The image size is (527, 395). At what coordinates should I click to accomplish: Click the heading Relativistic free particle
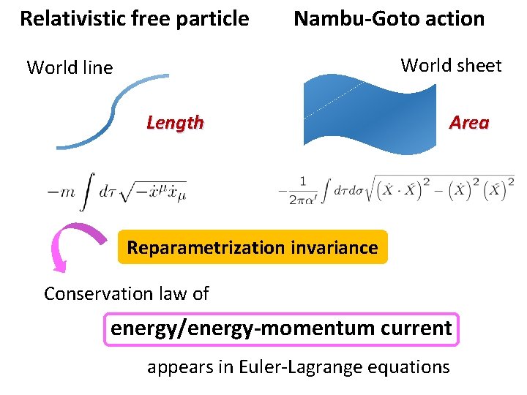coord(134,19)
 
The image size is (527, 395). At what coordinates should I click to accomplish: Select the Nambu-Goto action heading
coord(389,19)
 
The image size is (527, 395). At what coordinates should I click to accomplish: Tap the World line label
coord(70,68)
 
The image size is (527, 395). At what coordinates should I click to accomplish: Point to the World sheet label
coord(451,66)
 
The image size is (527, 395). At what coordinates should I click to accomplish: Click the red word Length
coord(175,123)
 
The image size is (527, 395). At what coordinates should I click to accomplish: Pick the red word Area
coord(469,123)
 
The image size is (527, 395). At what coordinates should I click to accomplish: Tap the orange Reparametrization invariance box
coord(252,248)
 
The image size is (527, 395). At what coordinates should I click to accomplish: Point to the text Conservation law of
coord(126,294)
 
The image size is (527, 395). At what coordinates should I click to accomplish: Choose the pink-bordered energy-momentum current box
coord(281,328)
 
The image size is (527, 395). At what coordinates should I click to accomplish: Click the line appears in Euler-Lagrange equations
coord(298,366)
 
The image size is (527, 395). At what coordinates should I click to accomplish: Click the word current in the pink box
coord(419,328)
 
